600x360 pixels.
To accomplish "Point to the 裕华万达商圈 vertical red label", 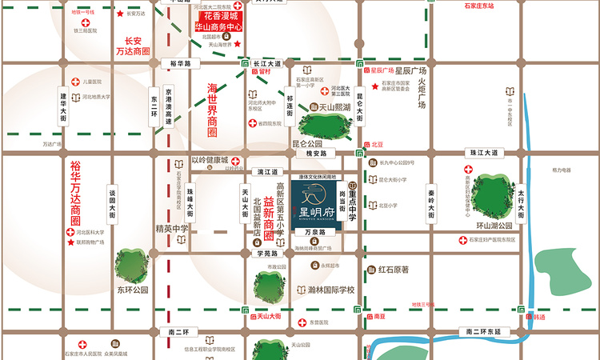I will [75, 192].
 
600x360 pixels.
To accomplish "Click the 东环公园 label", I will [132, 290].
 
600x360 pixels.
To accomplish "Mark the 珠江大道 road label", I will [484, 151].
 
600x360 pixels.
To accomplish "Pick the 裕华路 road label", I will [174, 62].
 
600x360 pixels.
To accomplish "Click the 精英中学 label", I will [172, 228].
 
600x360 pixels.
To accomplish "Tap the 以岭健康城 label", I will [210, 159].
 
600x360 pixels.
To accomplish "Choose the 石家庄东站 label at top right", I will [478, 6].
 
